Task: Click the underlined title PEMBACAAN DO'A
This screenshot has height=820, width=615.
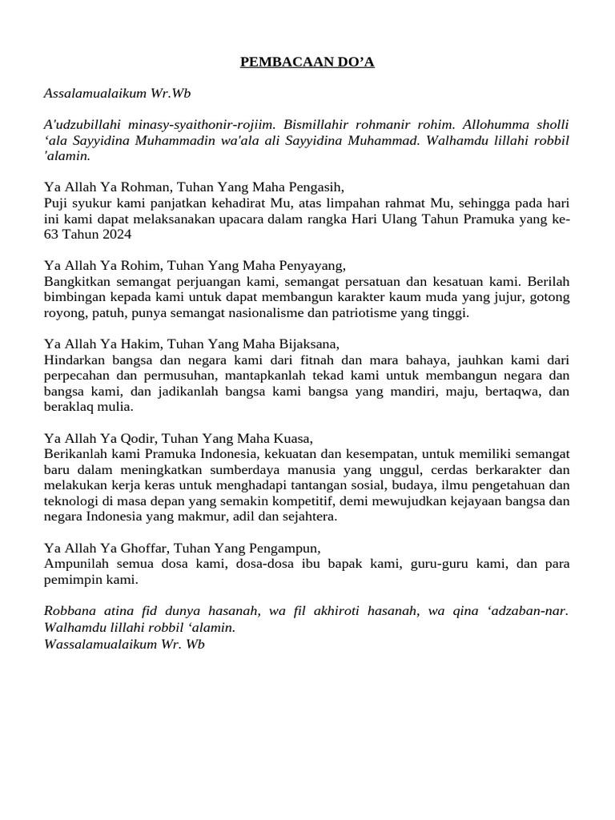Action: tap(307, 62)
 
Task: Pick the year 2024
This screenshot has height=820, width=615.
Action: tap(116, 235)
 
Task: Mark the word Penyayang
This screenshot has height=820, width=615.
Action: tap(310, 266)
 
